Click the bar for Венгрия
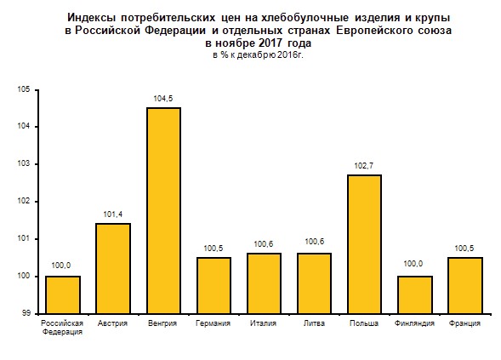(163, 211)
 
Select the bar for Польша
(364, 244)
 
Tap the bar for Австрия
(113, 269)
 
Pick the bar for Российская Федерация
(63, 294)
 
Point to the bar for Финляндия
(415, 294)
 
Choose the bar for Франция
(465, 285)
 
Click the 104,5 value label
(163, 99)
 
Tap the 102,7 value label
(364, 166)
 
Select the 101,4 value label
(113, 214)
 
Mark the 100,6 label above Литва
(315, 242)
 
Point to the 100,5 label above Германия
(213, 249)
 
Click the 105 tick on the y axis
(23, 89)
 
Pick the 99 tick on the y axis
(26, 313)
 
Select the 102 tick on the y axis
(23, 201)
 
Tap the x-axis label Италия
(264, 323)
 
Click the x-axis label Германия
(213, 323)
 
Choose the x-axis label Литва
(314, 323)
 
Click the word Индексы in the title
(91, 18)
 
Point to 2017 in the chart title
(270, 43)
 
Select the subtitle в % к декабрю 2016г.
(259, 55)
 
